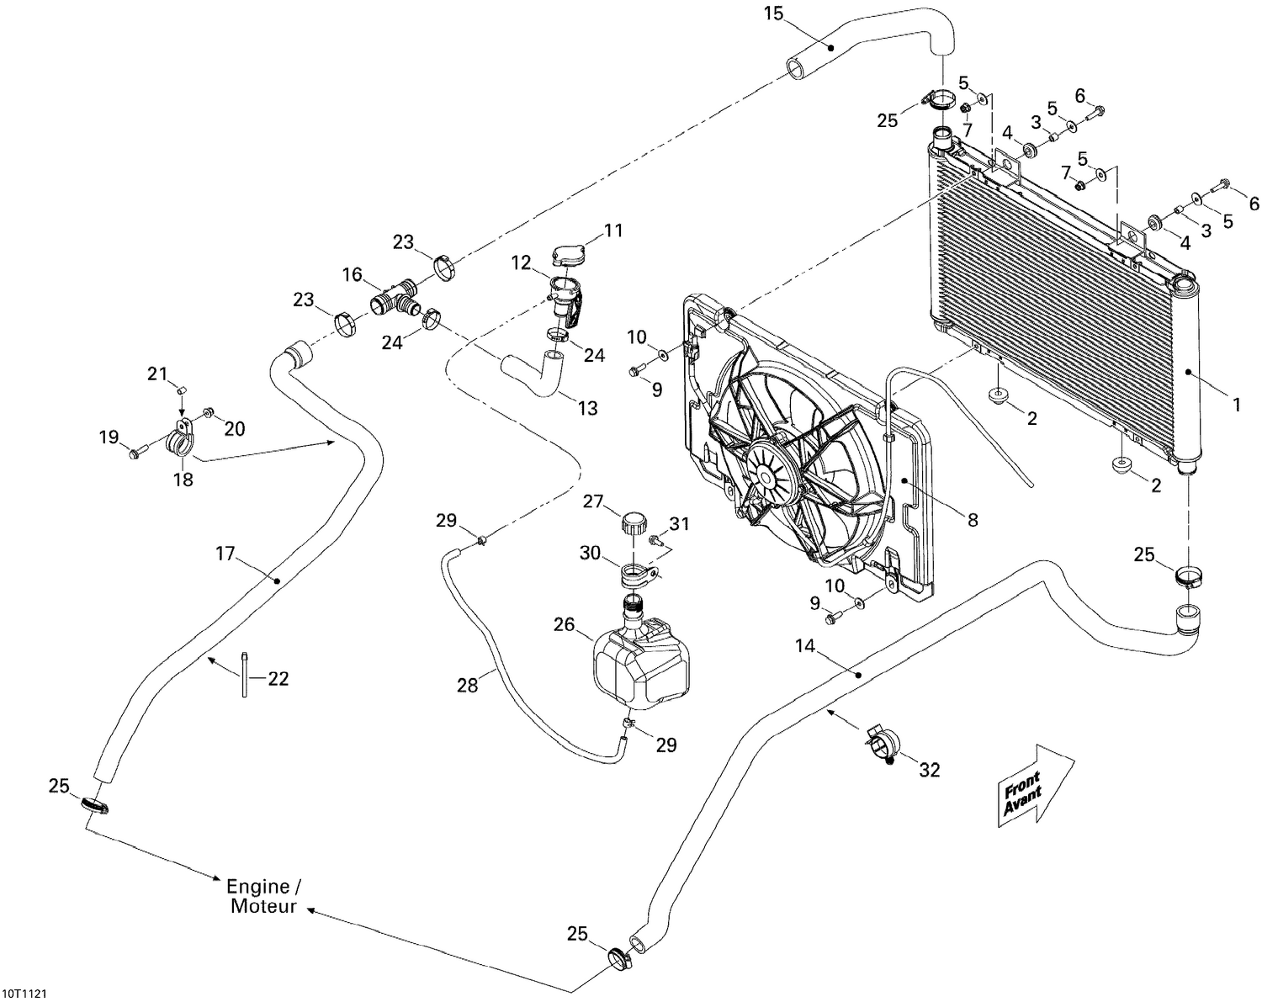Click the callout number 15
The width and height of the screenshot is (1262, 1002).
click(773, 13)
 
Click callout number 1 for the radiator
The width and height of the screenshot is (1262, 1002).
click(1237, 406)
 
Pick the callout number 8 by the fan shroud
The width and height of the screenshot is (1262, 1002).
click(973, 520)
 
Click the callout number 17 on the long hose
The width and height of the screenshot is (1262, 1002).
click(225, 554)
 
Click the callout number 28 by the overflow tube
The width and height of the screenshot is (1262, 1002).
click(467, 686)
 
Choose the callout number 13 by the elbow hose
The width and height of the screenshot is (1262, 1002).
click(587, 408)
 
